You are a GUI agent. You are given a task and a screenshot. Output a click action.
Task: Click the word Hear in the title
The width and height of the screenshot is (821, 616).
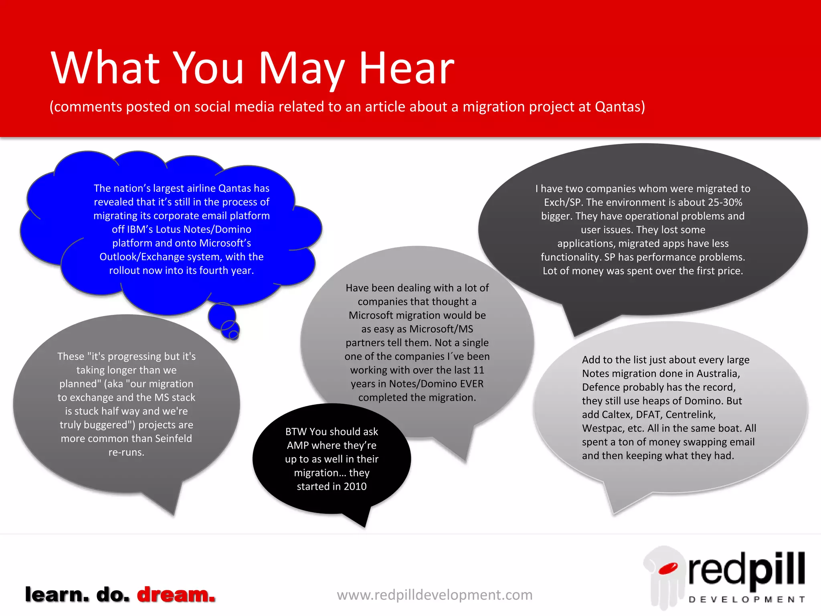point(406,68)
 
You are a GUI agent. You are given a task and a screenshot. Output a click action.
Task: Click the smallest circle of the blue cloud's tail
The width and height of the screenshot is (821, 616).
point(233,334)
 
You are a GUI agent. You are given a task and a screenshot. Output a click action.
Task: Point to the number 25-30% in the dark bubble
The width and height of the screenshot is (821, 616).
point(720,202)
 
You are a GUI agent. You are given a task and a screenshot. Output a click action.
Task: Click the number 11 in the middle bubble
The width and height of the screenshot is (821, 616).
point(478,370)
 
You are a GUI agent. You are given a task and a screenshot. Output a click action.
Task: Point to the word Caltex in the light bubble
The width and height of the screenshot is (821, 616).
point(617,415)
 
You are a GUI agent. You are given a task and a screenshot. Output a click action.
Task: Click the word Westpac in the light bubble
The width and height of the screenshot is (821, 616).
point(600,428)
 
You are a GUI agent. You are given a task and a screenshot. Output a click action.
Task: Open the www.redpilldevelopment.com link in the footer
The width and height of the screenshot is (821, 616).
point(435,595)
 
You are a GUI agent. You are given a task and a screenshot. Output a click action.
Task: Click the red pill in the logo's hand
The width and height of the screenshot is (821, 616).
point(667,568)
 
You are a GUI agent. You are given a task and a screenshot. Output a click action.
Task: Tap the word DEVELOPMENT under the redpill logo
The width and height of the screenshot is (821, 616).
point(746,600)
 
